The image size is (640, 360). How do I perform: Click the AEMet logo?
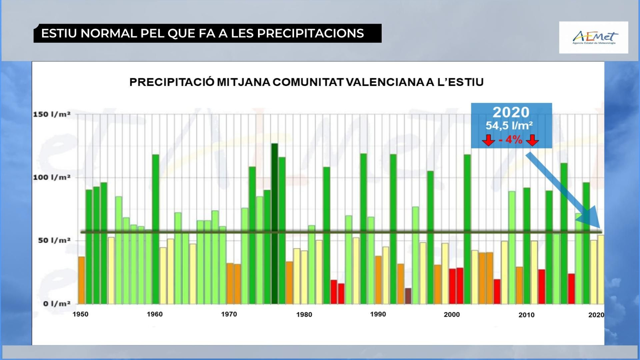(594, 38)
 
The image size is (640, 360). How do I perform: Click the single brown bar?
(408, 296)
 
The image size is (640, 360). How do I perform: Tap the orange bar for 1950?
(82, 280)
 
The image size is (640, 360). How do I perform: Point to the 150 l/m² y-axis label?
(52, 114)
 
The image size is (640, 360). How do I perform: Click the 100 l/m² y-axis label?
(52, 177)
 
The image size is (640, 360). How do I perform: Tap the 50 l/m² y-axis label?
(54, 240)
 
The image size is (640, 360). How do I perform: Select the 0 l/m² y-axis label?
(56, 304)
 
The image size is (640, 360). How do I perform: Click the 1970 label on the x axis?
(229, 314)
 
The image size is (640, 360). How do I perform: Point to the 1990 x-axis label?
(378, 314)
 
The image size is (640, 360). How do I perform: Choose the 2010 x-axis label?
(526, 315)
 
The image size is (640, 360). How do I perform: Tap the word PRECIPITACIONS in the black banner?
(310, 33)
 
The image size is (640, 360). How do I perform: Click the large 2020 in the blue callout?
(511, 112)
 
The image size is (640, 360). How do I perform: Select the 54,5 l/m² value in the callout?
(509, 126)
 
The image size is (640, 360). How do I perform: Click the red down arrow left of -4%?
(488, 140)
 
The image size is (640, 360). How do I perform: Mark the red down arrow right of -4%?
(532, 140)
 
